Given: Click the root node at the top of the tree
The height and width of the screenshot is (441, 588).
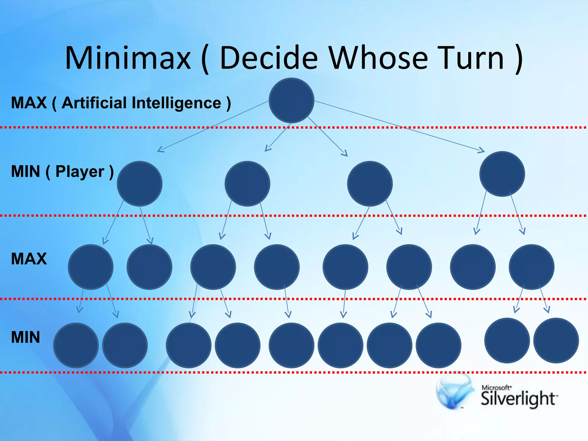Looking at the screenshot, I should pyautogui.click(x=291, y=100).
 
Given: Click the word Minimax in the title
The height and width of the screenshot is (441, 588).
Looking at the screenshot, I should pyautogui.click(x=128, y=58).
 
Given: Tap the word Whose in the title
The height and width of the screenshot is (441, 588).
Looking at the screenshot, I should pyautogui.click(x=378, y=58).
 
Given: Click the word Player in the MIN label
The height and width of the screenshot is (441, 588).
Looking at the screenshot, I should pyautogui.click(x=80, y=172).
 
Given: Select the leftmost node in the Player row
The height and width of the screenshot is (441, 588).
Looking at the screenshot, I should pyautogui.click(x=140, y=183).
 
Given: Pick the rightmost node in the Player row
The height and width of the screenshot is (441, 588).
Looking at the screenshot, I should pyautogui.click(x=502, y=174).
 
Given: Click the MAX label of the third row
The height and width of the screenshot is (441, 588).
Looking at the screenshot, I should pyautogui.click(x=29, y=258).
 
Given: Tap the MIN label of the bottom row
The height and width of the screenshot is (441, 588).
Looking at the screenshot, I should pyautogui.click(x=25, y=337).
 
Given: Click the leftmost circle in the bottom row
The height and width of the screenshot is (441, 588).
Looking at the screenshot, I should pyautogui.click(x=76, y=345).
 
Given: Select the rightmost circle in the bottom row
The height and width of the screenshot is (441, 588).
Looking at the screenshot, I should pyautogui.click(x=556, y=341).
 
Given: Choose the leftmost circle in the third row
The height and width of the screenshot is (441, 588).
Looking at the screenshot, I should pyautogui.click(x=91, y=267).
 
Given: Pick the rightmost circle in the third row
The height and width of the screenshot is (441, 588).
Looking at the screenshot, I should pyautogui.click(x=531, y=267).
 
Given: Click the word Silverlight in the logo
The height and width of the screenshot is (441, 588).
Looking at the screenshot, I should pyautogui.click(x=519, y=399).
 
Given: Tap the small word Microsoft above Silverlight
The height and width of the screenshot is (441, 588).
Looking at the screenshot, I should pyautogui.click(x=496, y=388).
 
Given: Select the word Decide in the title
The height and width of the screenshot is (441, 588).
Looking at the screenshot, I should pyautogui.click(x=269, y=58).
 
